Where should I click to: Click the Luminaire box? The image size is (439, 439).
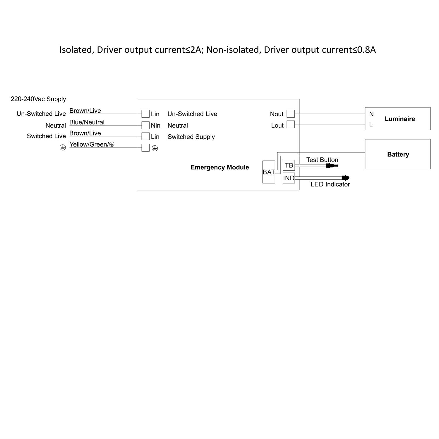pyautogui.click(x=397, y=119)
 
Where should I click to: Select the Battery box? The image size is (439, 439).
pyautogui.click(x=397, y=154)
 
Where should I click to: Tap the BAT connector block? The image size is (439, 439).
pyautogui.click(x=269, y=172)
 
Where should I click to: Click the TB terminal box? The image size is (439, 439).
pyautogui.click(x=289, y=165)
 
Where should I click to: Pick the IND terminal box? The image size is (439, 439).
pyautogui.click(x=289, y=178)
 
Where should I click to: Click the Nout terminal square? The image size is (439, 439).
pyautogui.click(x=291, y=114)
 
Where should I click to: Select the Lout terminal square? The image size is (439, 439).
pyautogui.click(x=291, y=124)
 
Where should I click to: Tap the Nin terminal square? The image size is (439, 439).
pyautogui.click(x=145, y=125)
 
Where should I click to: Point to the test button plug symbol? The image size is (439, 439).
pyautogui.click(x=332, y=166)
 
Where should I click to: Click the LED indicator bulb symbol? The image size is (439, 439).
pyautogui.click(x=345, y=178)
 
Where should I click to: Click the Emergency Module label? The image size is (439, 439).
pyautogui.click(x=220, y=167)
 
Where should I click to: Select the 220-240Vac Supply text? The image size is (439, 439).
pyautogui.click(x=38, y=99)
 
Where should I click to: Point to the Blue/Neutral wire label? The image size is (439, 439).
pyautogui.click(x=87, y=122)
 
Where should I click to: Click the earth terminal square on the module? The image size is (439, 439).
pyautogui.click(x=145, y=148)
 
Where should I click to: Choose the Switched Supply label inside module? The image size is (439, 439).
pyautogui.click(x=191, y=137)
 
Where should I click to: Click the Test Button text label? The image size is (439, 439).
pyautogui.click(x=322, y=160)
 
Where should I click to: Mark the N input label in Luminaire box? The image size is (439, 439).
pyautogui.click(x=371, y=114)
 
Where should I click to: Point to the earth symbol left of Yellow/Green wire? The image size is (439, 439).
pyautogui.click(x=63, y=148)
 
